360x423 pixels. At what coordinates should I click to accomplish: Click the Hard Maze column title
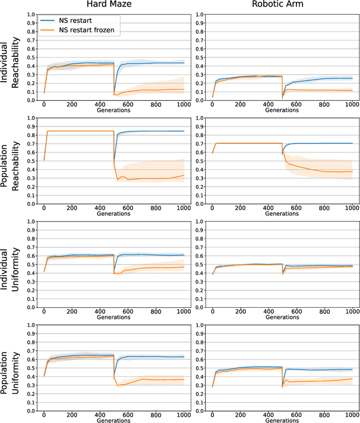[x=113, y=6]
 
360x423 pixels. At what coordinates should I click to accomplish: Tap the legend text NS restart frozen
[x=89, y=31]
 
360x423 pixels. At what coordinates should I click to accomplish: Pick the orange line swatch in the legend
[x=47, y=31]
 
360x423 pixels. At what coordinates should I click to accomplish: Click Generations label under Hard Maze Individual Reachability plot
[x=113, y=111]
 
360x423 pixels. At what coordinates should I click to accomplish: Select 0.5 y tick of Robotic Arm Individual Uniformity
[x=197, y=264]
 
